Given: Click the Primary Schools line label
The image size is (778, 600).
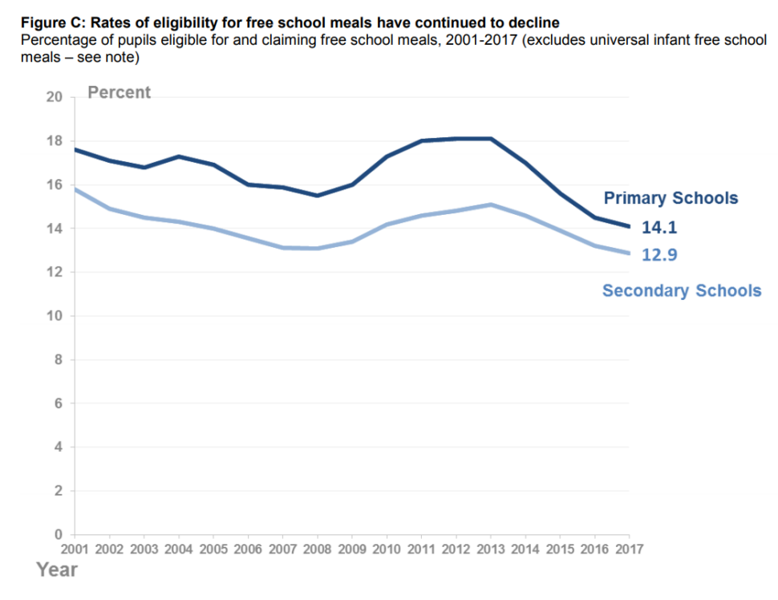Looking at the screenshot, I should click(671, 198).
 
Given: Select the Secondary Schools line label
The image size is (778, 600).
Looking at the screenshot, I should click(682, 290).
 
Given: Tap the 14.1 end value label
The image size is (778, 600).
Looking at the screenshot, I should click(659, 228).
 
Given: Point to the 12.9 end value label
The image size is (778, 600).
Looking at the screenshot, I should click(659, 255).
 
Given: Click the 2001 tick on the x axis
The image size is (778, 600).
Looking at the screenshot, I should click(75, 549).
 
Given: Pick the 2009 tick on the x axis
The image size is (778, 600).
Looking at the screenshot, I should click(352, 549).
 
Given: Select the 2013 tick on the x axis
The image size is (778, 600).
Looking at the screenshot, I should click(491, 549).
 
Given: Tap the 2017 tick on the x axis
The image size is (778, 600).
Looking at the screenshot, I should click(629, 549).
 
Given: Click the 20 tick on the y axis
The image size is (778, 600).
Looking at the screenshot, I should click(55, 98).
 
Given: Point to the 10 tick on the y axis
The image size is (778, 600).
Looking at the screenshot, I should click(55, 316).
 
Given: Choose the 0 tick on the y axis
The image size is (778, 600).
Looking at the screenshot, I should click(58, 534).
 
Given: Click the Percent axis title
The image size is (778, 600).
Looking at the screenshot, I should click(119, 92).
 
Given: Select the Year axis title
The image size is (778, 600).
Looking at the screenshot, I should click(57, 570).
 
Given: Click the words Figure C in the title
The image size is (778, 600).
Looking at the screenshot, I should click(48, 23).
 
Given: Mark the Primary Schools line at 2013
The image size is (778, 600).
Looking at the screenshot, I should click(491, 139).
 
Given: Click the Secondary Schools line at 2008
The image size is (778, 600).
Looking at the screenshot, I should click(318, 249).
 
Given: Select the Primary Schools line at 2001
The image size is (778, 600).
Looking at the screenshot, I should click(75, 150).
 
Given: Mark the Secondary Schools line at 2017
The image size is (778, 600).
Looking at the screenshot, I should click(628, 253).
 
